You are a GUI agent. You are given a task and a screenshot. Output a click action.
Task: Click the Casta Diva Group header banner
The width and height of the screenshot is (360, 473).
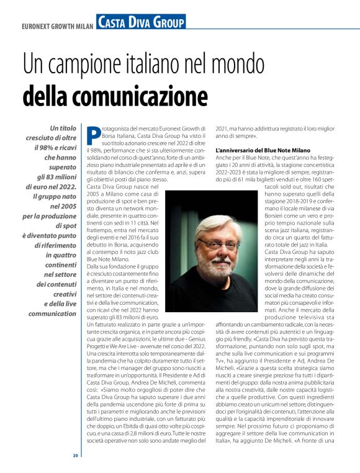[x=141, y=23]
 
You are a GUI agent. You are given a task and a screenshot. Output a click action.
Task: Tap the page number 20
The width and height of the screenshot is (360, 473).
[x=75, y=455]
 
